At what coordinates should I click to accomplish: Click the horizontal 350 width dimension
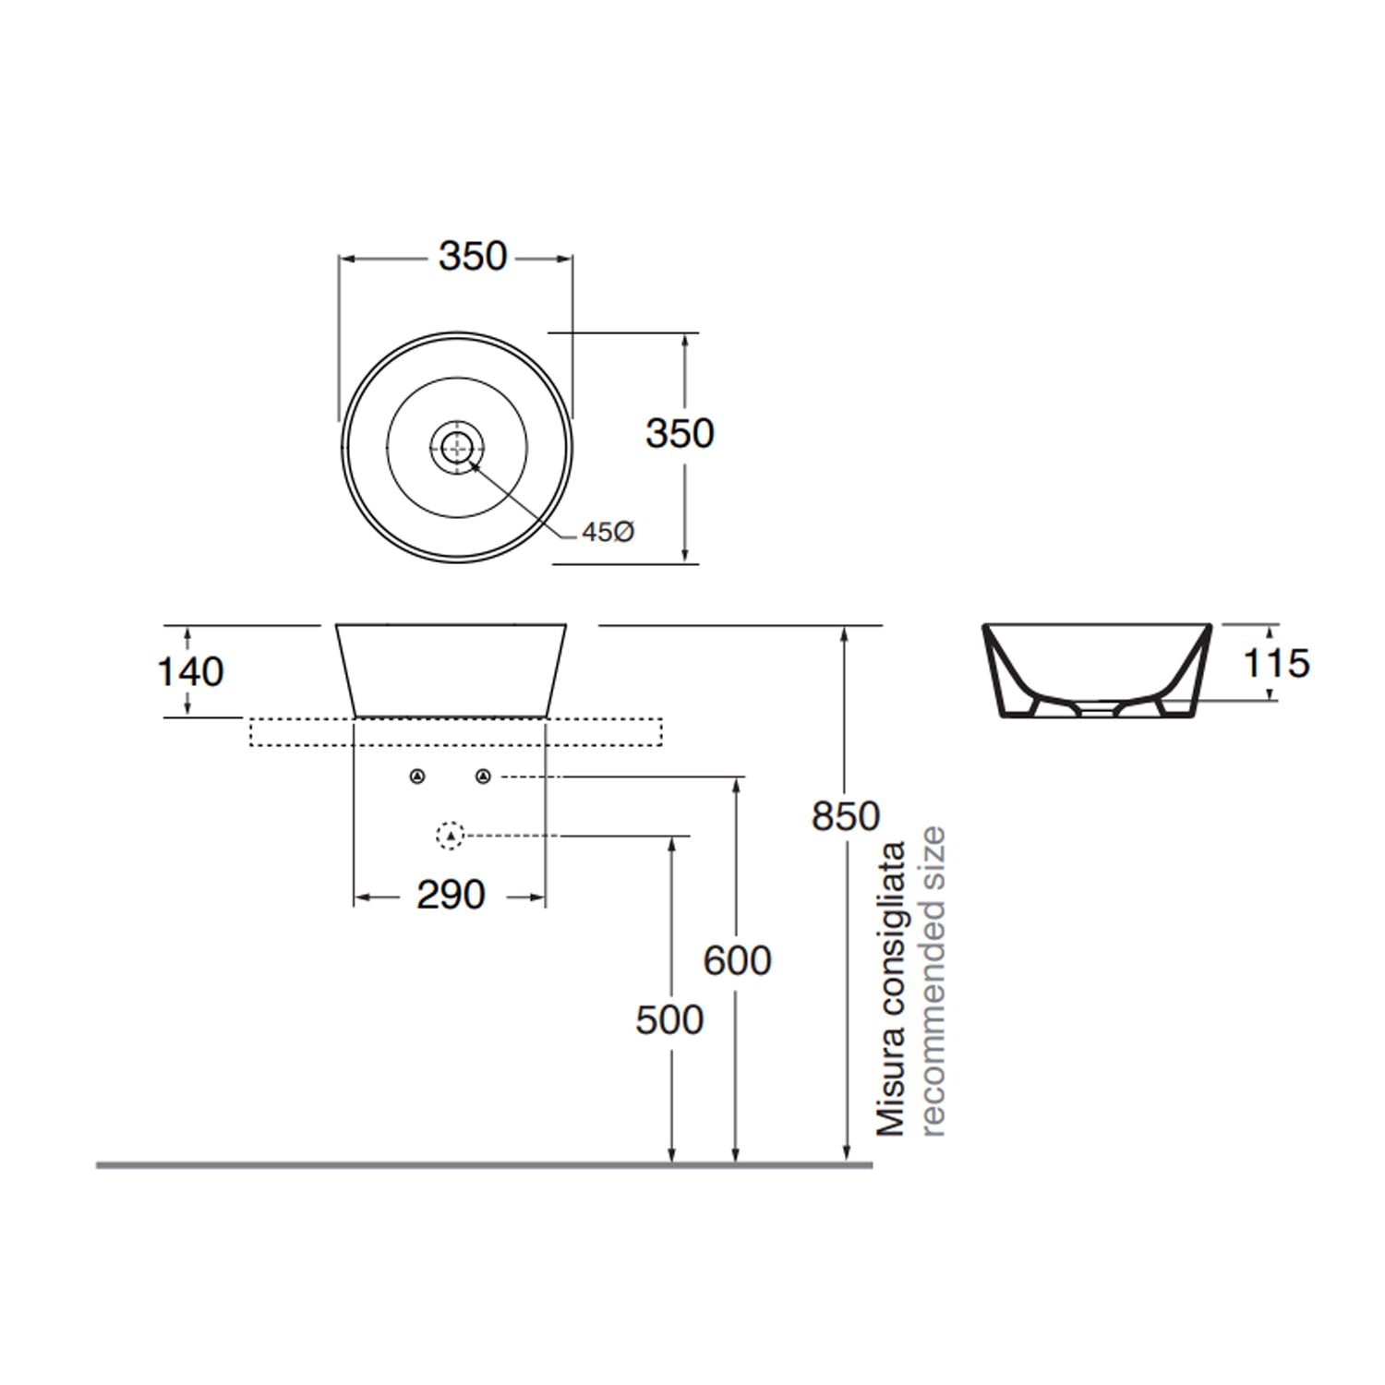point(473,257)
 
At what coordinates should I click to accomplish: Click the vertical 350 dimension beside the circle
point(680,434)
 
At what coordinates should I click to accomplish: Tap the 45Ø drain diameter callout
point(608,532)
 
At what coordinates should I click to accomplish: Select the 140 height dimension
point(190,672)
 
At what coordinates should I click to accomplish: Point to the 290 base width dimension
point(451,895)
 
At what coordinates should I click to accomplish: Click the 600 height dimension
point(737,961)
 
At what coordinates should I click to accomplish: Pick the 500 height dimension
point(669,1020)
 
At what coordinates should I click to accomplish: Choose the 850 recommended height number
point(846,816)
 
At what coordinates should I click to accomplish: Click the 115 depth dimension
point(1276,664)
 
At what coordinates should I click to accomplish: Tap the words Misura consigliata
point(891,988)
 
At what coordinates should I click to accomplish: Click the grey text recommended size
point(933,981)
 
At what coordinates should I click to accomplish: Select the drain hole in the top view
point(457,448)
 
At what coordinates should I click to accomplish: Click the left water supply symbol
point(417,777)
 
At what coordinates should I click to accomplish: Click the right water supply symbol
point(483,777)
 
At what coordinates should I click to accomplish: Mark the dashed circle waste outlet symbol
point(450,836)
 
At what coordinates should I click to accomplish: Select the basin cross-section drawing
point(1096,669)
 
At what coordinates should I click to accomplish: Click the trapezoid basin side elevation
point(451,669)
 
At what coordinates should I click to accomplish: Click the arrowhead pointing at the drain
point(475,464)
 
